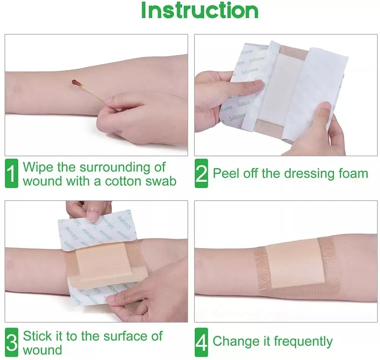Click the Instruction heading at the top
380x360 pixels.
(x=200, y=10)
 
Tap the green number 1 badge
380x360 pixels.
(x=11, y=173)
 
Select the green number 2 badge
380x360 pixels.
(x=201, y=173)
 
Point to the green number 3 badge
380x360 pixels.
(x=11, y=342)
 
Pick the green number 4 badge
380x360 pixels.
(x=201, y=342)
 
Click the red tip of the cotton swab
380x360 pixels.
(x=76, y=83)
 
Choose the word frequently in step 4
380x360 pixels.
(x=303, y=342)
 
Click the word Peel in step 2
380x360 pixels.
(x=226, y=173)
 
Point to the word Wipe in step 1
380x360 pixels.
(x=38, y=167)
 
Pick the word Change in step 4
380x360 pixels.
(x=235, y=341)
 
